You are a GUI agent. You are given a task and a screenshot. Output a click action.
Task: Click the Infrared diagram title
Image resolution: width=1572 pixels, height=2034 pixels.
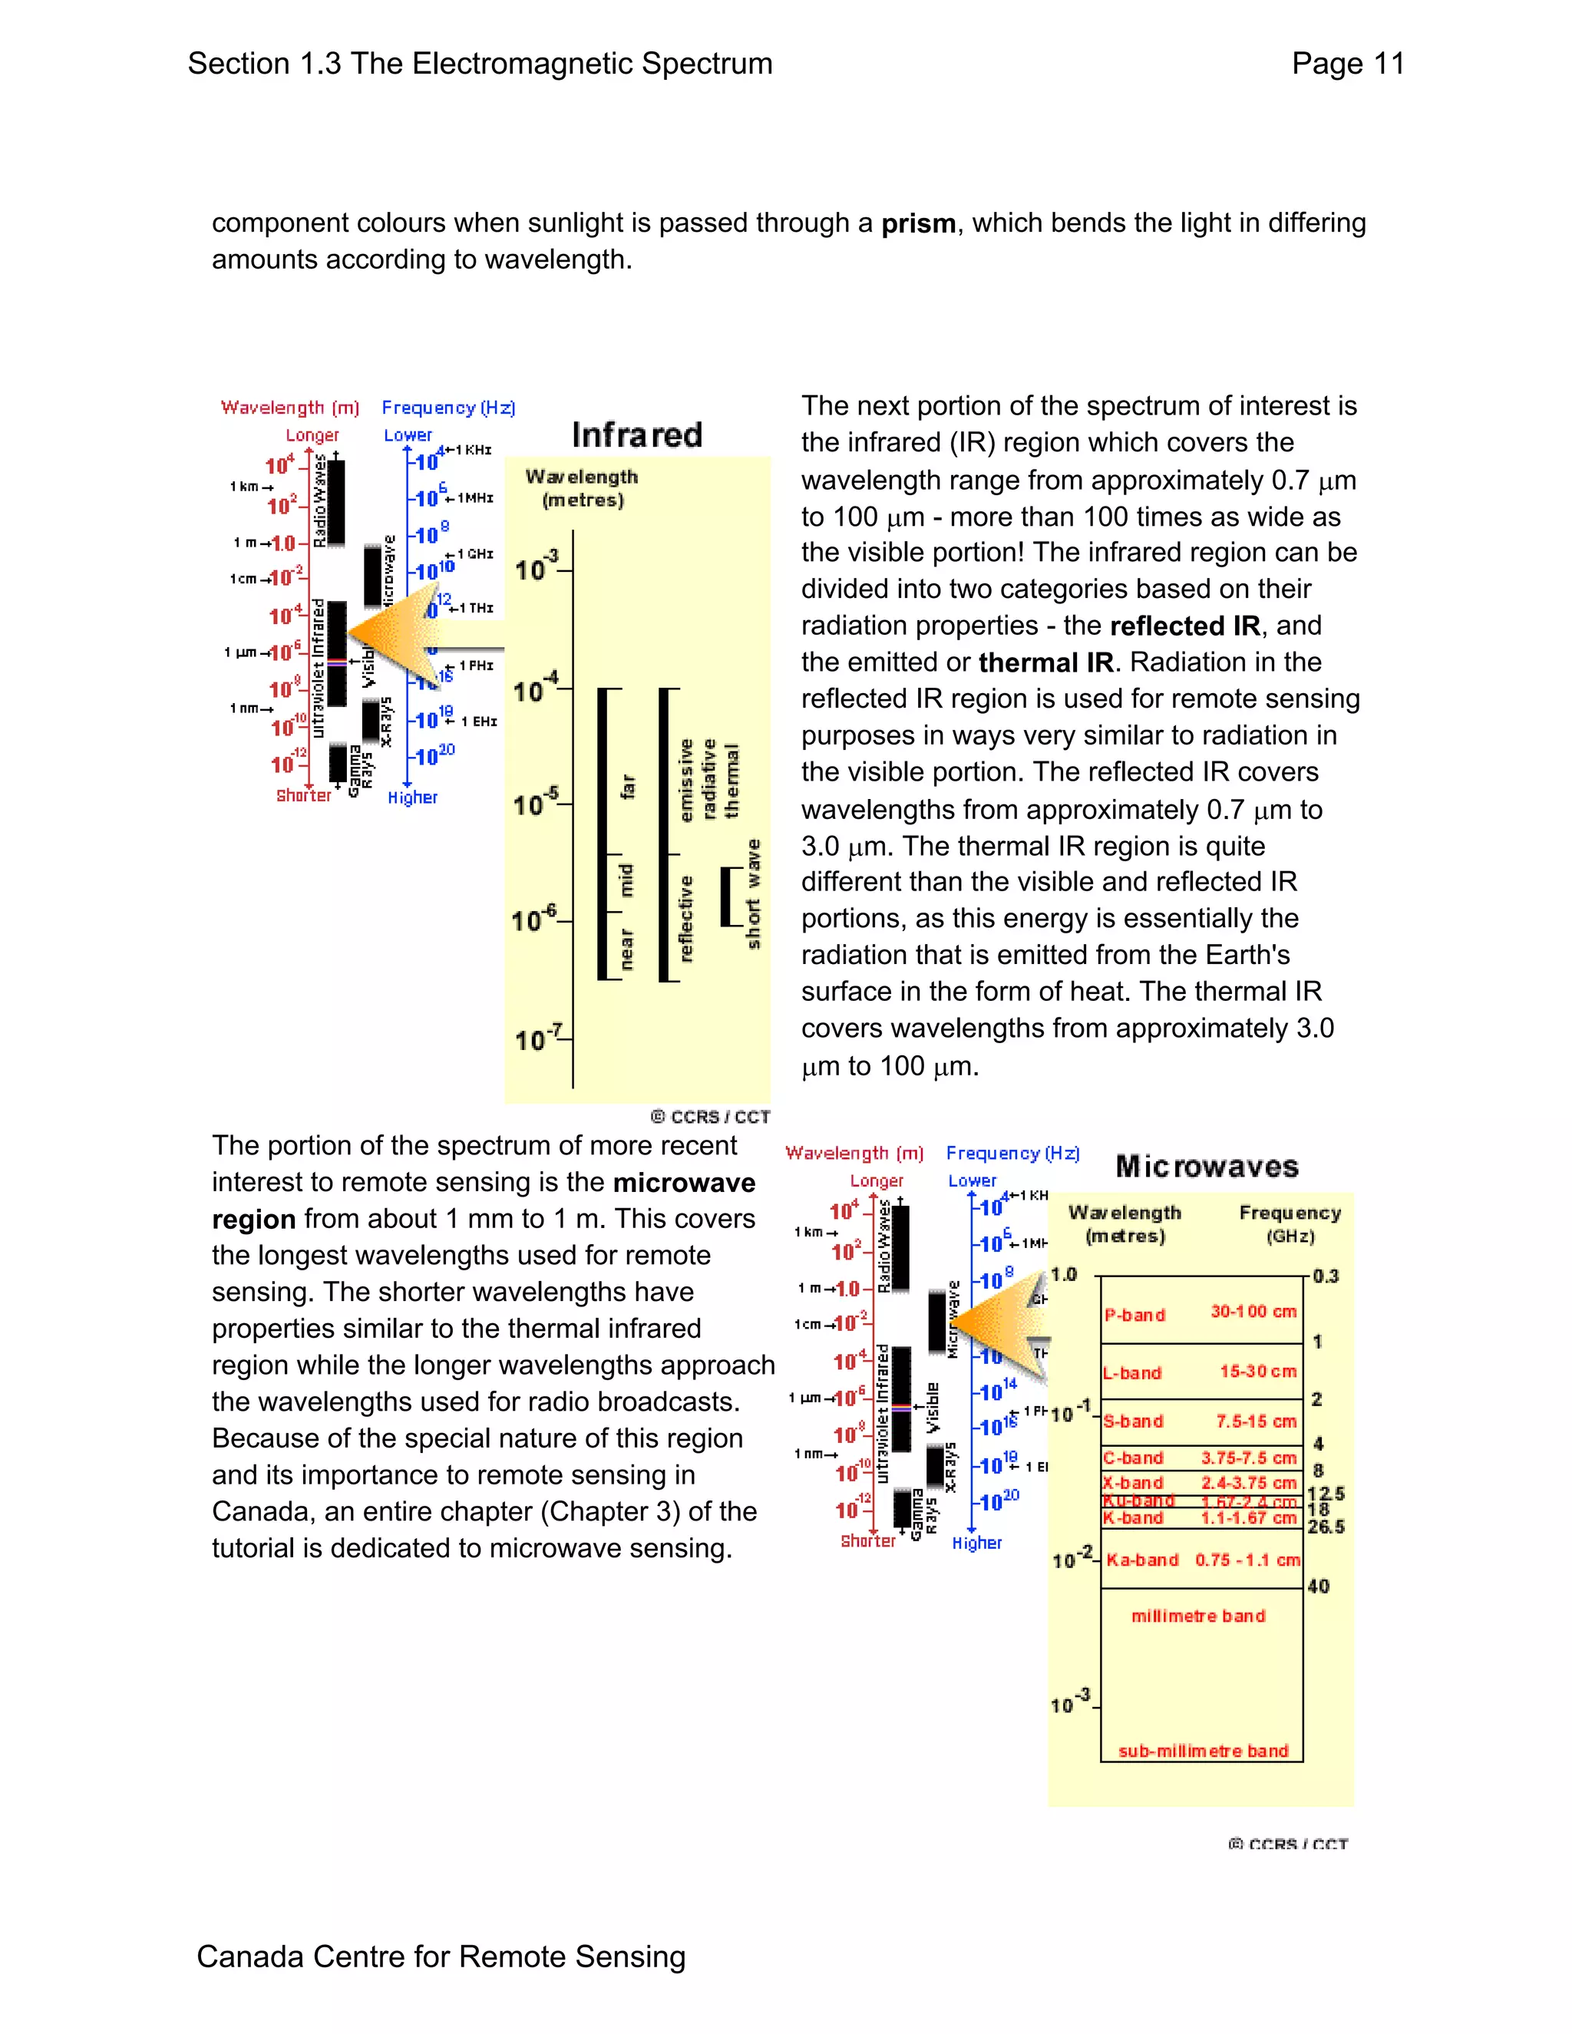(637, 435)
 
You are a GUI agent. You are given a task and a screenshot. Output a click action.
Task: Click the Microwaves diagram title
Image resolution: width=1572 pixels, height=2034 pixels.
(1207, 1166)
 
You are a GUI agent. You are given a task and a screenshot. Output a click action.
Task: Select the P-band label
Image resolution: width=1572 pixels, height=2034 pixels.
(1135, 1315)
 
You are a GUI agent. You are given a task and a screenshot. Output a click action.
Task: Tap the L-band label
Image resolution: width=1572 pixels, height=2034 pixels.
(1132, 1373)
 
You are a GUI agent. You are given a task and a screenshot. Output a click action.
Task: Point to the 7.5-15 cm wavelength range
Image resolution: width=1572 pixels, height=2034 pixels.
(1257, 1421)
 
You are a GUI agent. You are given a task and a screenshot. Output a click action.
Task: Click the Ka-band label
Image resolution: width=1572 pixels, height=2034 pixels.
(1143, 1559)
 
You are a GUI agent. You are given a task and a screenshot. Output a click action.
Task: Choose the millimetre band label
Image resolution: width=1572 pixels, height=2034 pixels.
(1198, 1616)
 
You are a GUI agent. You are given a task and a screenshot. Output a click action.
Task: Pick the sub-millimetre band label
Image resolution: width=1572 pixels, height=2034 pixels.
(1204, 1751)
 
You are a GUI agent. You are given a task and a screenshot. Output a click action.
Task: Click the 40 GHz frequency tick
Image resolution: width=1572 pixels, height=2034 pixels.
(1319, 1586)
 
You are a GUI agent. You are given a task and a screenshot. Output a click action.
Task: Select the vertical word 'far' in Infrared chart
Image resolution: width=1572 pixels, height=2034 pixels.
(628, 786)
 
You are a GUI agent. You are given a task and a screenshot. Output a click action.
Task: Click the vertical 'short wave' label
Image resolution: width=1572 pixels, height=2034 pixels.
(754, 894)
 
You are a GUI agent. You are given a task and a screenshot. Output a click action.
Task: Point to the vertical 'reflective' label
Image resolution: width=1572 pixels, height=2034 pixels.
(686, 918)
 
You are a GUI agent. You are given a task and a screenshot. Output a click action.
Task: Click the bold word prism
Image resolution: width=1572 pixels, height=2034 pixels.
(918, 223)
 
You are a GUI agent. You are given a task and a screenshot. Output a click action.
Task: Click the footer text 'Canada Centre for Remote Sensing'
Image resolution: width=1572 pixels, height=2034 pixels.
(441, 1956)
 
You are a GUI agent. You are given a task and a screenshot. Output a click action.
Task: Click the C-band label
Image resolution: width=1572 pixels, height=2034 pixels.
(1134, 1458)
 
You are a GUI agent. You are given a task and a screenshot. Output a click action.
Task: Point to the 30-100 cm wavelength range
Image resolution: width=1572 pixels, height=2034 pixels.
(1253, 1311)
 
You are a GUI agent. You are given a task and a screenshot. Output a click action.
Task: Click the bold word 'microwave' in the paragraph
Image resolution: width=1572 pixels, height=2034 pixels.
(684, 1183)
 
